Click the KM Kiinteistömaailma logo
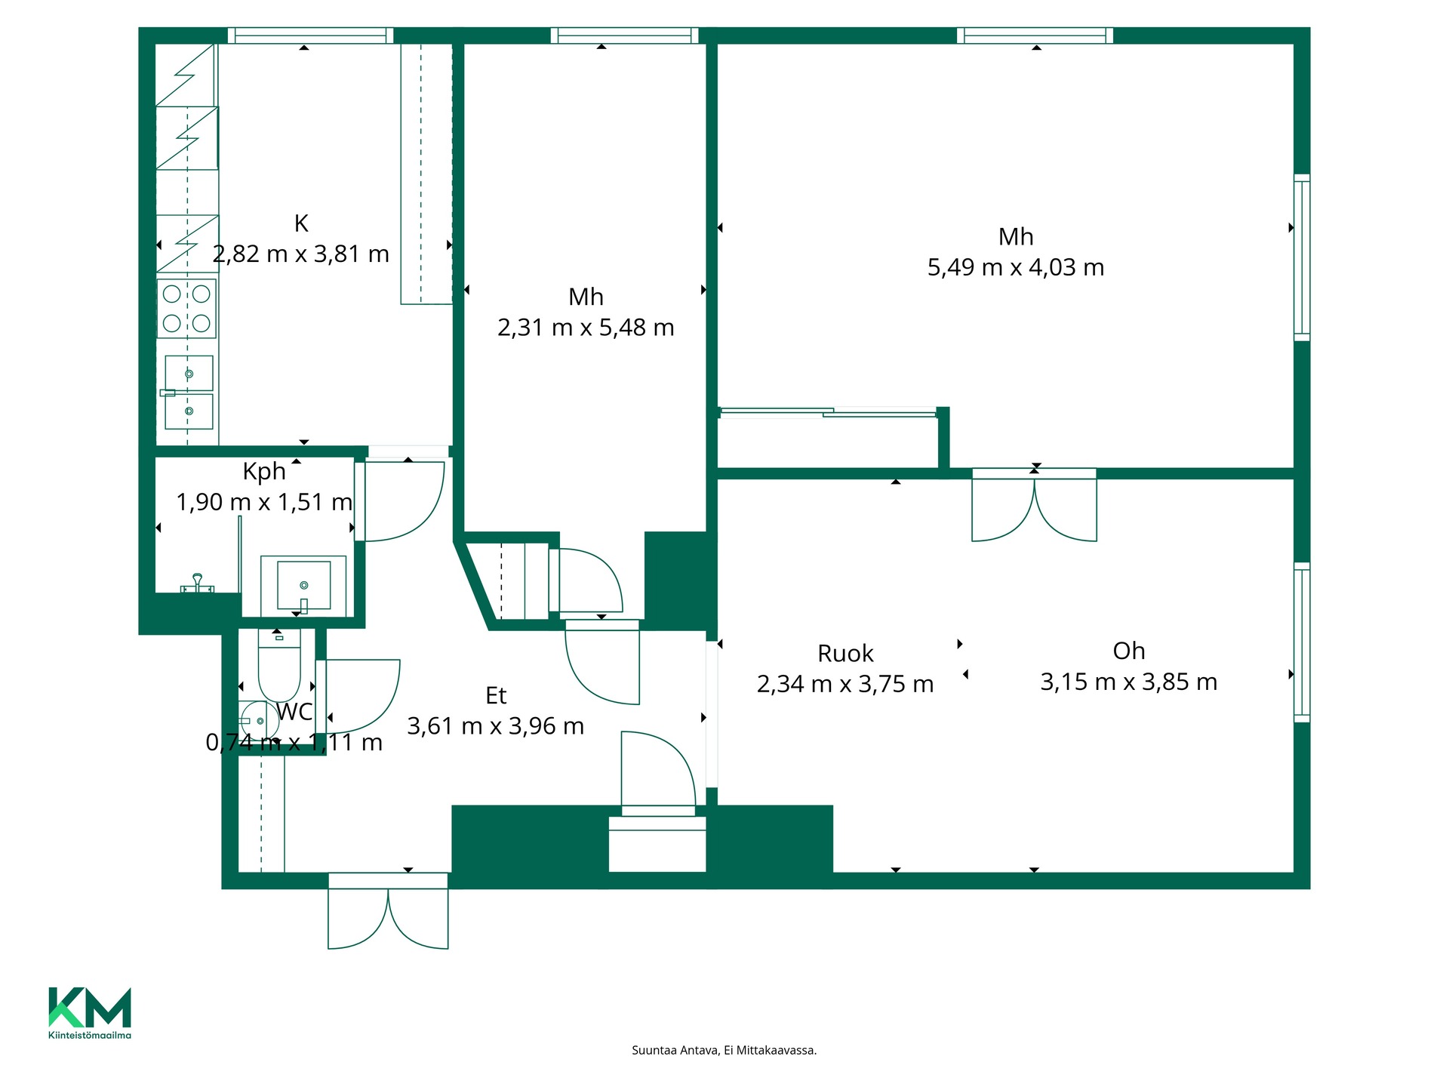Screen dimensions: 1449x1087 click(90, 1013)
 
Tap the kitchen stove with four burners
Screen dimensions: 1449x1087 click(186, 308)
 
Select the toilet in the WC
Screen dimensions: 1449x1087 click(279, 666)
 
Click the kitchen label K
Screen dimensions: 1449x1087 click(301, 223)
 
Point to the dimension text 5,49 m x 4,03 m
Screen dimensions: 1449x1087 click(1016, 267)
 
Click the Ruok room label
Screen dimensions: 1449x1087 click(845, 653)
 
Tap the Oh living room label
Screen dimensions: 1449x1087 click(1129, 651)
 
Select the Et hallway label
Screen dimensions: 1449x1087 click(496, 695)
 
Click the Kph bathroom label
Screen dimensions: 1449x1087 click(264, 472)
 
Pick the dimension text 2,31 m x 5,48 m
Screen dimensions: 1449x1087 click(586, 328)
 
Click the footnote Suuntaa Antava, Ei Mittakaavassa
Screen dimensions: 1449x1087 click(724, 1050)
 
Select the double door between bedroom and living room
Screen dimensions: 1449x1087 click(1034, 505)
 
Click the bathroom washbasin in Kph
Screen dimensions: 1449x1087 click(303, 586)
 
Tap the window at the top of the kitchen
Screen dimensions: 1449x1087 click(310, 35)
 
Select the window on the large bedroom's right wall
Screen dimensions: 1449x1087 click(1302, 257)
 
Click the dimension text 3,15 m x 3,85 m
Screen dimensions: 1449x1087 click(1129, 682)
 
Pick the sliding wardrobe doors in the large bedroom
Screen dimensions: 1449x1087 click(829, 412)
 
